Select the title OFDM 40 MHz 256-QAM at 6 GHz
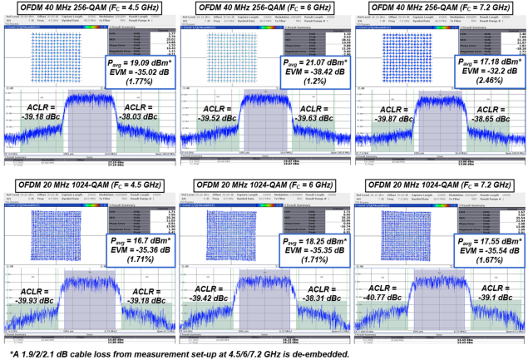pos(264,10)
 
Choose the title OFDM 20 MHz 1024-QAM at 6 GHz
pos(264,185)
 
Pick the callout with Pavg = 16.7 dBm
pos(138,249)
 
